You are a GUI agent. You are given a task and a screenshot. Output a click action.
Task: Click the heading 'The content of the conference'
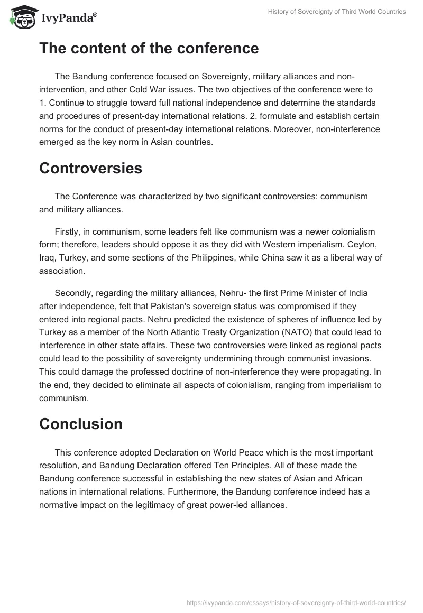click(149, 49)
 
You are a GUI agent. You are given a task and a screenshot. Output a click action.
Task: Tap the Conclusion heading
click(81, 424)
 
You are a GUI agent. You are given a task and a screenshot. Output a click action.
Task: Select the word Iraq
click(48, 258)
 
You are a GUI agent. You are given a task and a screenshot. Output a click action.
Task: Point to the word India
click(368, 293)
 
